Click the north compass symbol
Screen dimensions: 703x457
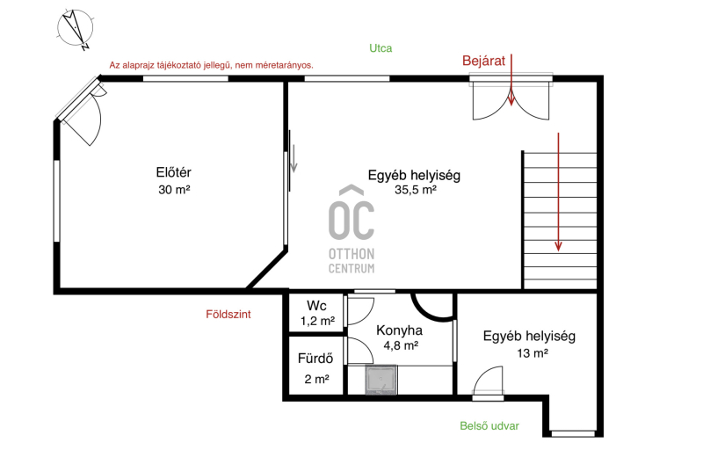tap(76, 29)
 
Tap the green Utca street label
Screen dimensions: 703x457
tap(380, 48)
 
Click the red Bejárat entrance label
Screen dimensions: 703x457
tap(484, 61)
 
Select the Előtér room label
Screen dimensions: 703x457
tap(173, 172)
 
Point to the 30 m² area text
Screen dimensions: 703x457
tap(174, 190)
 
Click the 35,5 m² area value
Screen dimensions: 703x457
tap(416, 190)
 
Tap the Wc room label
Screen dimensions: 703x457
tap(316, 306)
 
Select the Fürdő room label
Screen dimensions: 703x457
tap(315, 359)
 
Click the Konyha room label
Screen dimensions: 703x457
tap(399, 330)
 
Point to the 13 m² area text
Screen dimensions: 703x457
tap(533, 353)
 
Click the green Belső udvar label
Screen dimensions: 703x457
tap(489, 426)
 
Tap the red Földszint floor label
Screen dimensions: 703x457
tap(228, 315)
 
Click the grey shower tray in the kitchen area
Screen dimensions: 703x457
tap(381, 380)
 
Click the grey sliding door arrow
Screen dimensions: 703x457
tap(294, 158)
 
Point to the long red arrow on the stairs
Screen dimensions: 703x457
tap(558, 192)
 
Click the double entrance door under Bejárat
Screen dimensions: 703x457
tap(511, 101)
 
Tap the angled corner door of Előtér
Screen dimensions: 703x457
tap(81, 112)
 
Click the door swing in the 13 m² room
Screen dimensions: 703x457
tap(489, 381)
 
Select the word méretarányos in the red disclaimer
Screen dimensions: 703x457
tap(283, 65)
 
